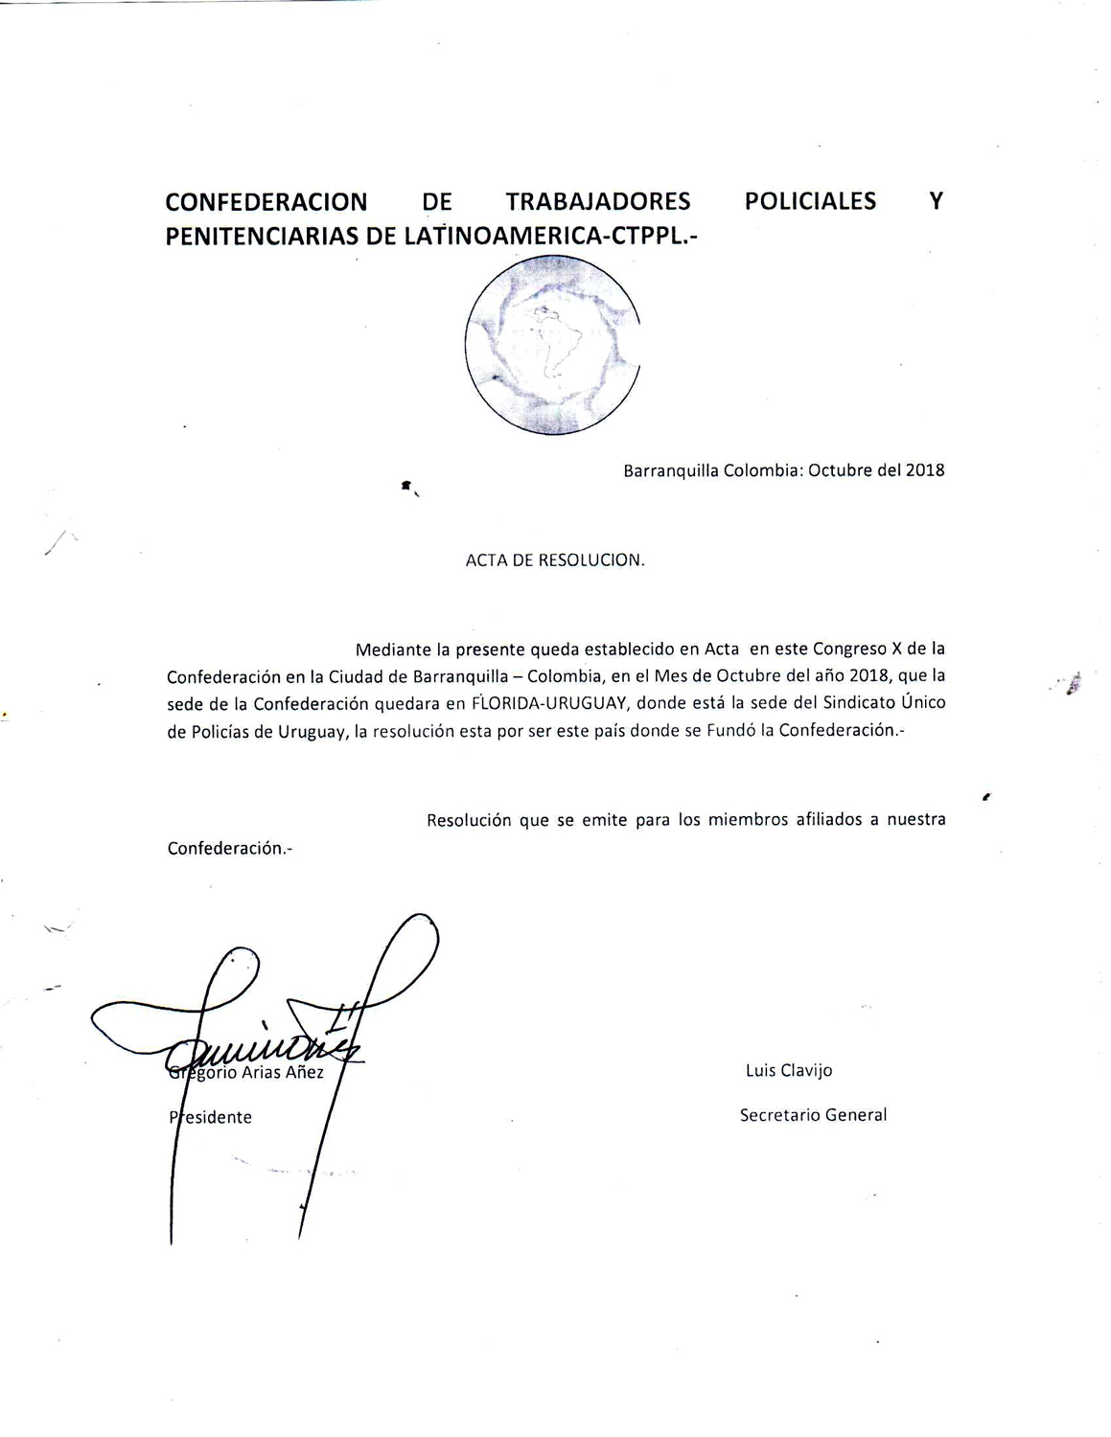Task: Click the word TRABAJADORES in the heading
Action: (598, 202)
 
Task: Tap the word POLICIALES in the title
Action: (810, 202)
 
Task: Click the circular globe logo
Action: (553, 348)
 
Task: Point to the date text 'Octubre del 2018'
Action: (876, 470)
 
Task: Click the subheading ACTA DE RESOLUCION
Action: (555, 560)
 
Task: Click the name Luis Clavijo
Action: (789, 1070)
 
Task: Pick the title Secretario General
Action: (813, 1115)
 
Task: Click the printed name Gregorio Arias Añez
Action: (247, 1073)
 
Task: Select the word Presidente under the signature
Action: (211, 1117)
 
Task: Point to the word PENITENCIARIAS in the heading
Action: (258, 237)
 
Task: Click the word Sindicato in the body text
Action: (859, 702)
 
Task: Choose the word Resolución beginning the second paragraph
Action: (469, 820)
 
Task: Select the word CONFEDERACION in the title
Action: (266, 202)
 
